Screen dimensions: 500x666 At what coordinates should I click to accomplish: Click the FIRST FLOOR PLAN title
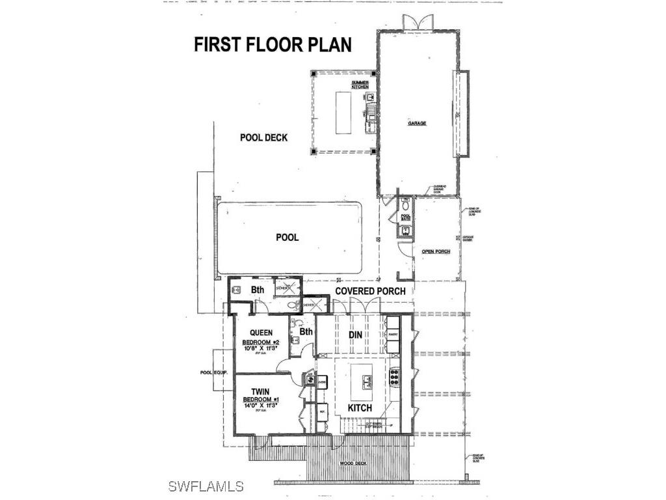(273, 44)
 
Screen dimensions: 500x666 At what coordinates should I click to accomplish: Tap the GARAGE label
(417, 123)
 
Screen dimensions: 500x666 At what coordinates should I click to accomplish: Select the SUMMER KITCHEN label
(360, 85)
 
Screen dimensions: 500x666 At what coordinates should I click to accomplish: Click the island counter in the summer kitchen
(343, 112)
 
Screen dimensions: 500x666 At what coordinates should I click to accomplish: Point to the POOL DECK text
(263, 138)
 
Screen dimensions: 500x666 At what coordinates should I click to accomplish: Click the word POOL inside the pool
(287, 238)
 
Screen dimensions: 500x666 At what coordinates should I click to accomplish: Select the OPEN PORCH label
(436, 251)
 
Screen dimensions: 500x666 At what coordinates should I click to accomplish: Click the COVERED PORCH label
(370, 291)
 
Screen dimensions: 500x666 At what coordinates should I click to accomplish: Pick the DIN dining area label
(354, 335)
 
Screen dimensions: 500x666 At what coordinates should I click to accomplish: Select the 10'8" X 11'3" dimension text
(260, 349)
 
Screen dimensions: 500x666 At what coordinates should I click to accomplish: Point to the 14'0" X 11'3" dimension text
(260, 405)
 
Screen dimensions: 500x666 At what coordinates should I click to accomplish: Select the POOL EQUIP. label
(213, 373)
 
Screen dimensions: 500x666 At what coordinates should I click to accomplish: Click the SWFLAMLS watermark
(206, 486)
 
